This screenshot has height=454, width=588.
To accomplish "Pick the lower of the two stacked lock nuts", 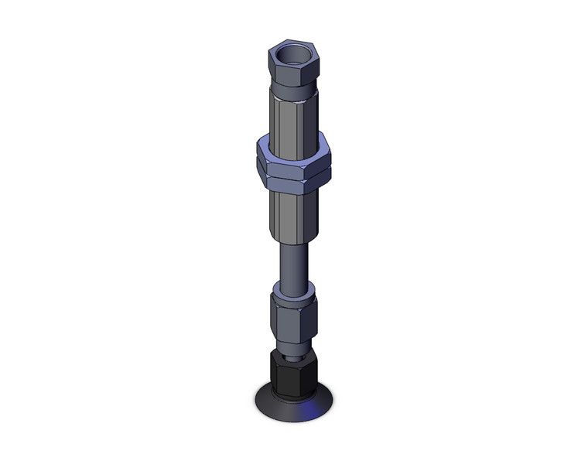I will pyautogui.click(x=292, y=181).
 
